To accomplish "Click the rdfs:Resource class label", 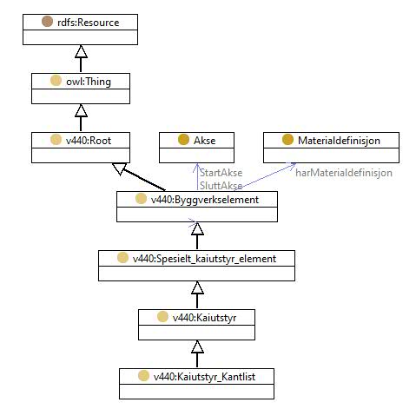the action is pyautogui.click(x=89, y=23).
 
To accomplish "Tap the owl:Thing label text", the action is pyautogui.click(x=89, y=82).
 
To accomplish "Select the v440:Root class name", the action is pyautogui.click(x=89, y=141).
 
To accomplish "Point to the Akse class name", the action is pyautogui.click(x=205, y=141).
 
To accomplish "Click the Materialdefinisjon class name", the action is pyautogui.click(x=339, y=141).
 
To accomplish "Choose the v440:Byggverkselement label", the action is pyautogui.click(x=205, y=200).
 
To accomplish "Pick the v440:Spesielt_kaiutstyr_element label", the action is pyautogui.click(x=204, y=259).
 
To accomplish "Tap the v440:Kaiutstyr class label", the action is pyautogui.click(x=204, y=318).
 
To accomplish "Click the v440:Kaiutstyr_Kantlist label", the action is pyautogui.click(x=204, y=377).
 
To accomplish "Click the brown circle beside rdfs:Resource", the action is pyautogui.click(x=47, y=22).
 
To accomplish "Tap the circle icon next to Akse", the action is pyautogui.click(x=183, y=140).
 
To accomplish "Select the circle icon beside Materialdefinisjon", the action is pyautogui.click(x=287, y=140).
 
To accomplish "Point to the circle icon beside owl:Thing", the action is pyautogui.click(x=56, y=81).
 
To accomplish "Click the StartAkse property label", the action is pyautogui.click(x=221, y=173).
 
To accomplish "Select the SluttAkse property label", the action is pyautogui.click(x=221, y=186).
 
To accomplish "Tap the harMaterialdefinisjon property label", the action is pyautogui.click(x=344, y=173).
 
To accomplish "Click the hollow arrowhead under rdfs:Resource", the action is pyautogui.click(x=81, y=51).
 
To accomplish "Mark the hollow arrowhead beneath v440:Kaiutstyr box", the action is pyautogui.click(x=197, y=346).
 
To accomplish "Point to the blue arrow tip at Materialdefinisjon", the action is pyautogui.click(x=295, y=164).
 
